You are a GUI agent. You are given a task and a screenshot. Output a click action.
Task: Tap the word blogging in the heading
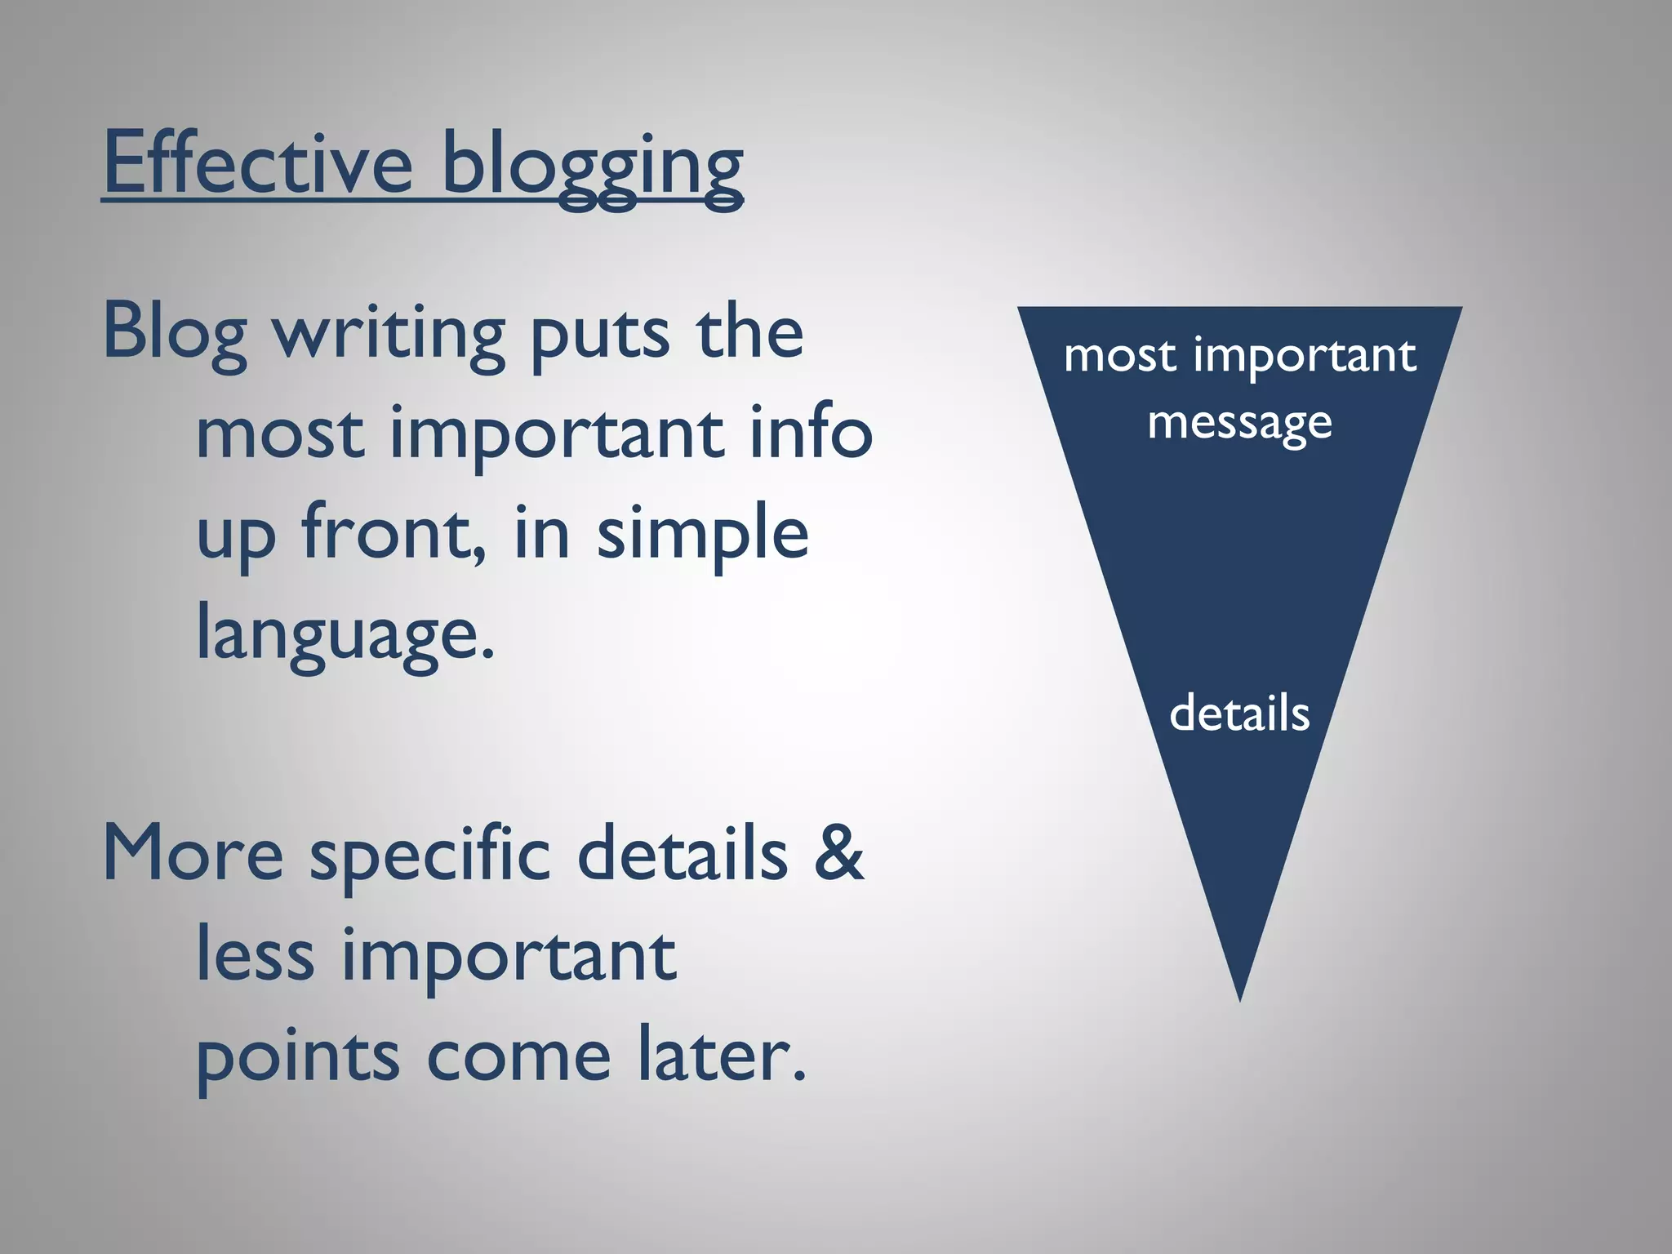click(592, 167)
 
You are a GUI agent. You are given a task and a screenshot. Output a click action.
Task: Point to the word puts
click(600, 335)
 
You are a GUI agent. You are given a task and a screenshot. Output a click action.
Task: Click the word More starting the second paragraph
click(193, 853)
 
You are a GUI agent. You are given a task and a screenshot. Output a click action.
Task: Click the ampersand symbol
click(838, 853)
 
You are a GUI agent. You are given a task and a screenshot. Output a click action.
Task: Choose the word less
click(255, 954)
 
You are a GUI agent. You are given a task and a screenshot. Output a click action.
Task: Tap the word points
click(297, 1057)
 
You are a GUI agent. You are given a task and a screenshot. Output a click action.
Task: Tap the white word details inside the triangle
click(1239, 713)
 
